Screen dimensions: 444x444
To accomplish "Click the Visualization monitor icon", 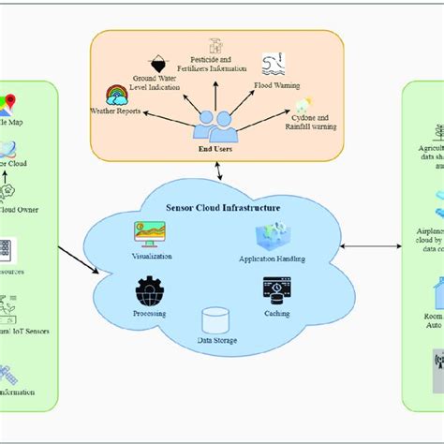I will tap(150, 234).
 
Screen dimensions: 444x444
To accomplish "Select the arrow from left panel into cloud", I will tap(80, 259).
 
